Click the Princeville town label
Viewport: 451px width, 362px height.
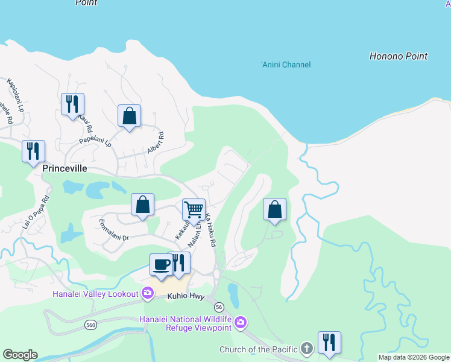(65, 170)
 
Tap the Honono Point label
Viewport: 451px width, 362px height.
(398, 56)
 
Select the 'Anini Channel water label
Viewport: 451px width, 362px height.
(286, 65)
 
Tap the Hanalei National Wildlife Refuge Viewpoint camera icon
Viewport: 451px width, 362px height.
(241, 323)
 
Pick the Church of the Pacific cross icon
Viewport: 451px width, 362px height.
(307, 349)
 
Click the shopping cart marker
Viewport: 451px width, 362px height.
(194, 210)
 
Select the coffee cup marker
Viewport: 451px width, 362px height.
(162, 264)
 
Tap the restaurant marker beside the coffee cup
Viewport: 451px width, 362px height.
(178, 262)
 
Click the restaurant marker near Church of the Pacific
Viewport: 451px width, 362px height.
(329, 342)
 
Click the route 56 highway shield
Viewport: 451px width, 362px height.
(218, 306)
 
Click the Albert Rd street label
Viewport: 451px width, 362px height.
(156, 143)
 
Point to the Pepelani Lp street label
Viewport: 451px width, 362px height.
(96, 142)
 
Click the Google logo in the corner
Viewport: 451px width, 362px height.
(20, 355)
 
